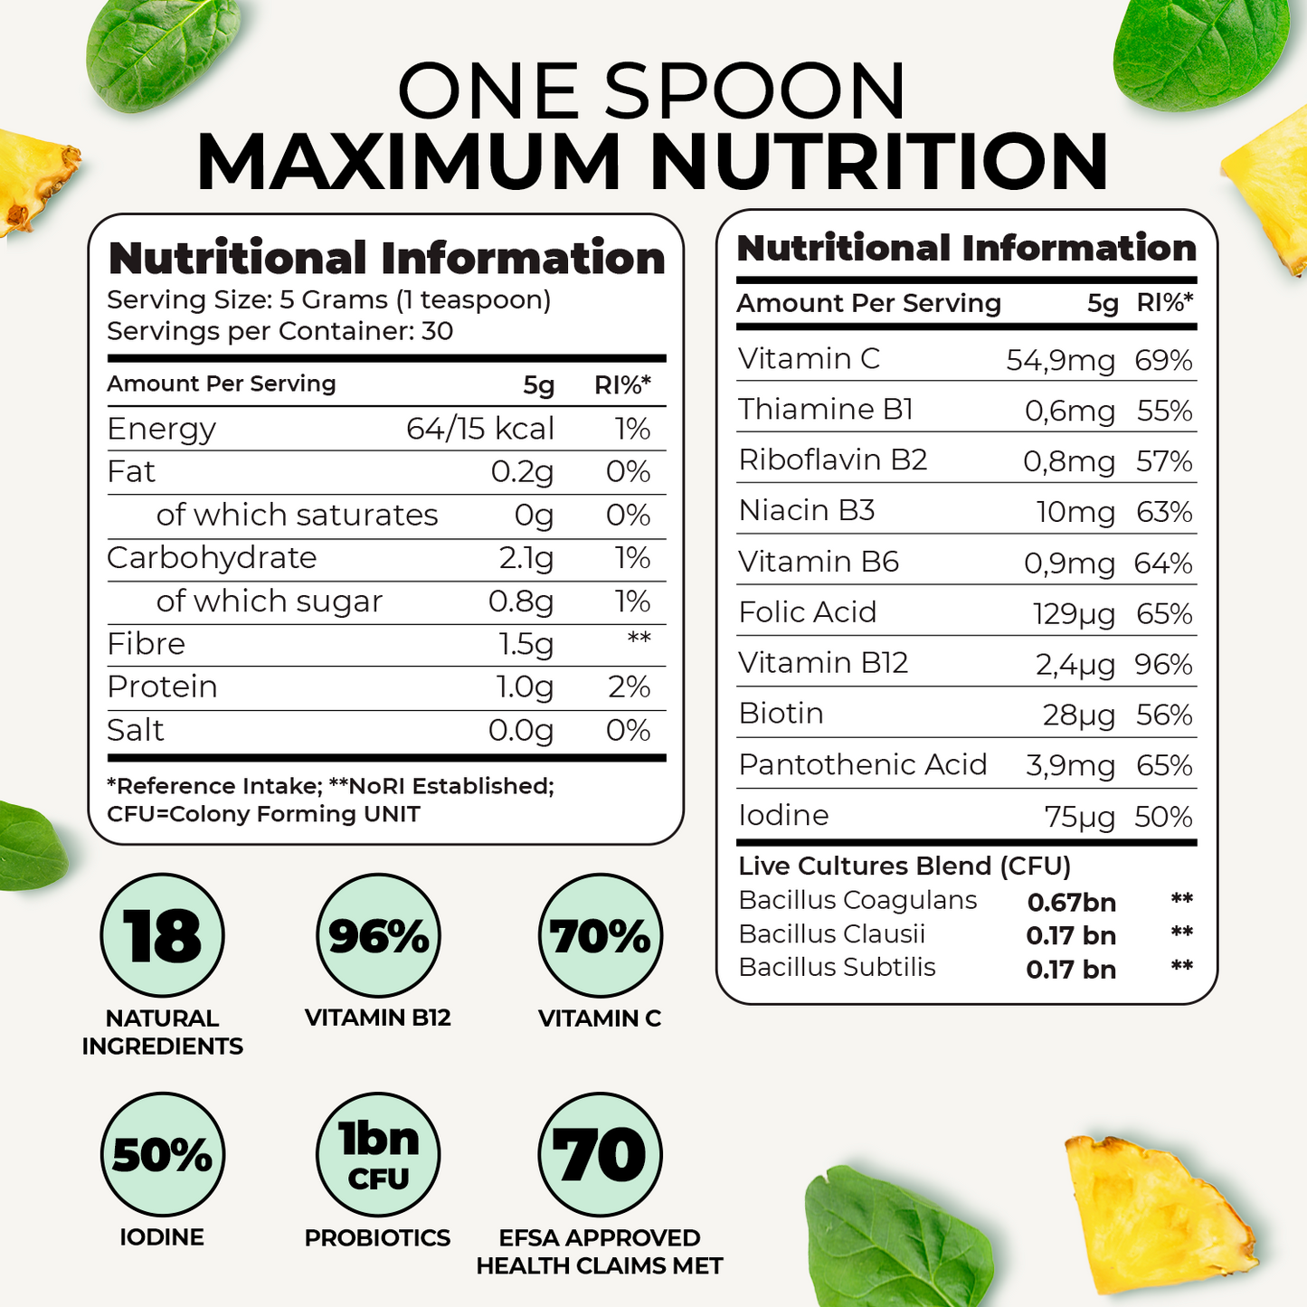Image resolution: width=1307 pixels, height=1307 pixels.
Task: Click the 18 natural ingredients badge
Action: point(162,935)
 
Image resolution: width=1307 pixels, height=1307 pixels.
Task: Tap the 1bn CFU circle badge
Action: point(378,1154)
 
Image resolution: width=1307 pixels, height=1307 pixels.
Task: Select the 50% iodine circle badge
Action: point(162,1154)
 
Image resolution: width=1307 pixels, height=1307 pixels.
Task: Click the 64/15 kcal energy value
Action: point(479,429)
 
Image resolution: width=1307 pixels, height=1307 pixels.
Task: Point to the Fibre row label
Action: point(146,644)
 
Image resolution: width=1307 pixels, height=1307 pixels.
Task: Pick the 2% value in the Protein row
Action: point(629,687)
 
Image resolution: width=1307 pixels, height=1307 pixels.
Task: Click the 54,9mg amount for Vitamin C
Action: point(1060,361)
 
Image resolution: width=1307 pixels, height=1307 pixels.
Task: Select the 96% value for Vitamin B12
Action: point(1163,665)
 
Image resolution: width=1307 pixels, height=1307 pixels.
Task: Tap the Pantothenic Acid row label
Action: point(862,765)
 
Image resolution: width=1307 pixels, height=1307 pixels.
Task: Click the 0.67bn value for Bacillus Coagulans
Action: point(1071,903)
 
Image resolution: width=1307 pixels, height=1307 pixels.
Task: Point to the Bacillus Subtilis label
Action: point(837,968)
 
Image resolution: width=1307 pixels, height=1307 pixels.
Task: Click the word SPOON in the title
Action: point(754,91)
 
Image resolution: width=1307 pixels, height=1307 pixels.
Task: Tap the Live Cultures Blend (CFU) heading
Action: point(904,867)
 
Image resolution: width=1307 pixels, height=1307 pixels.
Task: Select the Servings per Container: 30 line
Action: point(279,331)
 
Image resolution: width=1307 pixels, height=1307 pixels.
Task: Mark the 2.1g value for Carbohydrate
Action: point(526,558)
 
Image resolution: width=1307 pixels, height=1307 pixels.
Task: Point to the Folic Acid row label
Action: point(807,613)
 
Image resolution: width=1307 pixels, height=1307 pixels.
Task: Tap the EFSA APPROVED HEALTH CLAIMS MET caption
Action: point(600,1252)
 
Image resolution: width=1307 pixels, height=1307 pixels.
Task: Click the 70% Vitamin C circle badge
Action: point(600,935)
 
